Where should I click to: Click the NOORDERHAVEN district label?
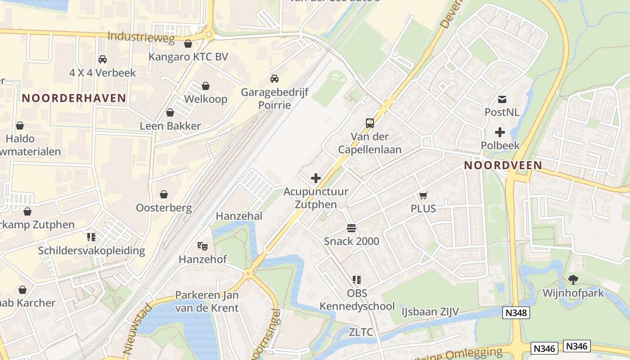click(x=74, y=98)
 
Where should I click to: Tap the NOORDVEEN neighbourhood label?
click(x=503, y=165)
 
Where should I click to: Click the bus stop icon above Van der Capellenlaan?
click(x=369, y=123)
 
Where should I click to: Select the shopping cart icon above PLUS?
click(x=423, y=195)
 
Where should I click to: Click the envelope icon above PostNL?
click(x=502, y=99)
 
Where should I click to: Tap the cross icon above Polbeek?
click(x=499, y=132)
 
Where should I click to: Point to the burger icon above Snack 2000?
click(x=351, y=228)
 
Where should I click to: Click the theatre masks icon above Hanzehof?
click(x=202, y=246)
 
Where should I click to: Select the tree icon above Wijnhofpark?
click(x=573, y=280)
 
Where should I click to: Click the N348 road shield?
click(x=516, y=313)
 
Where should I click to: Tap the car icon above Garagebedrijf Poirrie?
click(x=274, y=79)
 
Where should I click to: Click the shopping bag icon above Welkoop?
click(x=206, y=85)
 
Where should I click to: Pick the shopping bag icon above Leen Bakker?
click(x=170, y=112)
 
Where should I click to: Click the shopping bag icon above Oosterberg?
click(x=164, y=194)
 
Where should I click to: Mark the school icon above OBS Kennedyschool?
click(x=357, y=280)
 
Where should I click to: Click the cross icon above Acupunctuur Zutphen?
click(x=316, y=178)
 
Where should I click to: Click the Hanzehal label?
click(x=239, y=216)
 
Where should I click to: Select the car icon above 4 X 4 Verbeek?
click(x=103, y=59)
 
